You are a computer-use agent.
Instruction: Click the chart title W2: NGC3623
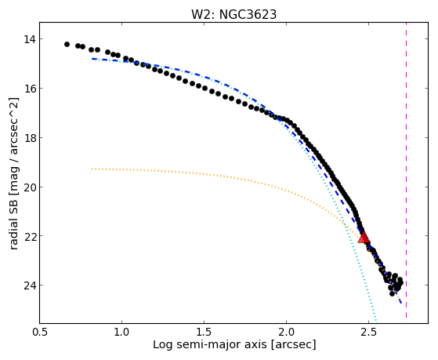(x=233, y=14)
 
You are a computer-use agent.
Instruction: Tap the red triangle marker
(x=364, y=237)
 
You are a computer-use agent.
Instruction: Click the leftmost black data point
(x=67, y=44)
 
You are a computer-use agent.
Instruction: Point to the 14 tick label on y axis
(x=30, y=39)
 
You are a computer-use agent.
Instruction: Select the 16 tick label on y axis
(x=30, y=89)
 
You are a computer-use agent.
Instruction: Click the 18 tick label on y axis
(x=30, y=137)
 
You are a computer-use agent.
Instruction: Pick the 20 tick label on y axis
(x=30, y=187)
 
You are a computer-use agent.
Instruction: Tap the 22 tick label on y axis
(x=30, y=236)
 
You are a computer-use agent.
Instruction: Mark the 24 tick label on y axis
(x=30, y=285)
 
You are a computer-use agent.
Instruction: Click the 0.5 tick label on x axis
(x=40, y=332)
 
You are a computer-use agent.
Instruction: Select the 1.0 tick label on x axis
(x=121, y=332)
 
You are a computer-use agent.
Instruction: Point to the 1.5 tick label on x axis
(x=205, y=332)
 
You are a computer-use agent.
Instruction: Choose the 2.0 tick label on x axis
(x=286, y=332)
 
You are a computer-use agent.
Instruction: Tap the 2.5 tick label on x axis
(x=369, y=332)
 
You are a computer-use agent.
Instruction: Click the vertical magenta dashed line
(x=406, y=170)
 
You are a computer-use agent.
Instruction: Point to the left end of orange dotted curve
(x=92, y=169)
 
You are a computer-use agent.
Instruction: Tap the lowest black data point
(x=393, y=293)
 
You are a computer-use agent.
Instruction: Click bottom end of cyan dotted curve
(x=377, y=321)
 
